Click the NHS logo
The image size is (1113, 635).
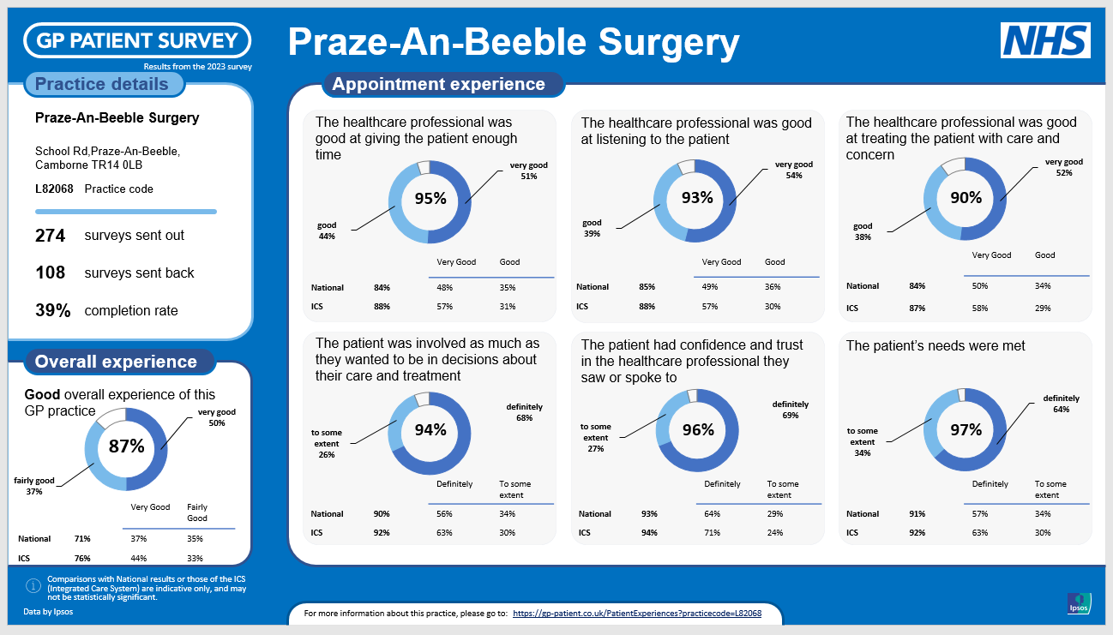pyautogui.click(x=1045, y=41)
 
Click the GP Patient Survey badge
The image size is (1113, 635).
pyautogui.click(x=138, y=40)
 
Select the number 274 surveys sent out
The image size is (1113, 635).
pyautogui.click(x=51, y=236)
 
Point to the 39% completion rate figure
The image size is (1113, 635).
pyautogui.click(x=53, y=311)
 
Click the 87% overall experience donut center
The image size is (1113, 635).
pyautogui.click(x=126, y=446)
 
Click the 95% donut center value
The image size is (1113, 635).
pyautogui.click(x=430, y=199)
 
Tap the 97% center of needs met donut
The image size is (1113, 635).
pyautogui.click(x=966, y=430)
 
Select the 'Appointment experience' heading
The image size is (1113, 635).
pyautogui.click(x=438, y=84)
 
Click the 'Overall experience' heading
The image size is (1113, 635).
pyautogui.click(x=116, y=362)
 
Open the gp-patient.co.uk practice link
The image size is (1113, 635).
pyautogui.click(x=637, y=614)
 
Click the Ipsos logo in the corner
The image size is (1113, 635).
pyautogui.click(x=1079, y=603)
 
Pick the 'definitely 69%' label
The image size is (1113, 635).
pyautogui.click(x=790, y=410)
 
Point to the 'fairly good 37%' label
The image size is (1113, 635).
pyautogui.click(x=33, y=486)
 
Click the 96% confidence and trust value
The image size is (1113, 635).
pyautogui.click(x=698, y=430)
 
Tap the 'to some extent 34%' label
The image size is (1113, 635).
pyautogui.click(x=862, y=441)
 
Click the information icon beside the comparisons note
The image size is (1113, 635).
pyautogui.click(x=33, y=586)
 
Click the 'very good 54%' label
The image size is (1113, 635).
pyautogui.click(x=793, y=170)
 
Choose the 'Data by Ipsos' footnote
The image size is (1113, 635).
pyautogui.click(x=47, y=613)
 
